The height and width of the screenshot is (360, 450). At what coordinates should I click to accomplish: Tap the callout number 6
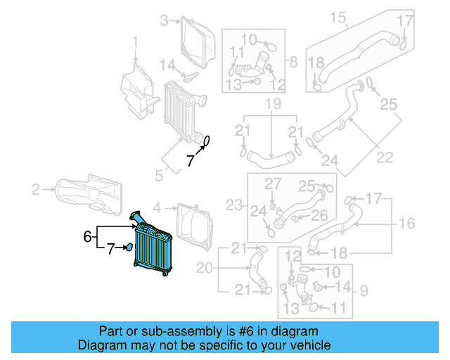[88, 237]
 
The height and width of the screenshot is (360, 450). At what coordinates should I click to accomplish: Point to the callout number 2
[35, 188]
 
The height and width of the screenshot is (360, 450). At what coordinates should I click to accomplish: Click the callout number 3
[164, 20]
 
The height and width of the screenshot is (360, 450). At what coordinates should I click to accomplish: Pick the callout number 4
[157, 207]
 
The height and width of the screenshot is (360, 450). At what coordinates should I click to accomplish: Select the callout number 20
[204, 267]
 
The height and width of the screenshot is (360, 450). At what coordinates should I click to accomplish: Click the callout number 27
[271, 184]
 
